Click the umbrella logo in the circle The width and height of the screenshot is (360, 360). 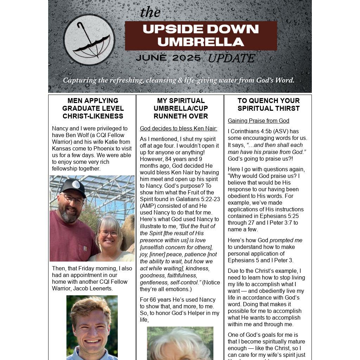[89, 40]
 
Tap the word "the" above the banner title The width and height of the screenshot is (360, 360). [150, 12]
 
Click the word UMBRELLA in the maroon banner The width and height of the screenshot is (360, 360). [201, 42]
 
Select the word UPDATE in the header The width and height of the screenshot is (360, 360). [231, 58]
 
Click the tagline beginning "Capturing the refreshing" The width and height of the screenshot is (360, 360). [179, 80]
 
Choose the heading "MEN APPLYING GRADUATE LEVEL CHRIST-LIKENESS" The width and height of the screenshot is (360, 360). [93, 108]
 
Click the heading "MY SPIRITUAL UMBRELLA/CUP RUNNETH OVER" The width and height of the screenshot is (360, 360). [181, 108]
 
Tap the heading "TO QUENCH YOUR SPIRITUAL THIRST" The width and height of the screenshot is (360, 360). [269, 104]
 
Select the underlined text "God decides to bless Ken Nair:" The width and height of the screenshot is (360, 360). [179, 128]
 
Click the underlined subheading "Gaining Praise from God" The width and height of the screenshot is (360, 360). [258, 121]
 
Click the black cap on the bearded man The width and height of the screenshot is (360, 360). [73, 187]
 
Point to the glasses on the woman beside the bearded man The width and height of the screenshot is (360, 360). [109, 233]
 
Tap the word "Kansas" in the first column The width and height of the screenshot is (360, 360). [61, 148]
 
